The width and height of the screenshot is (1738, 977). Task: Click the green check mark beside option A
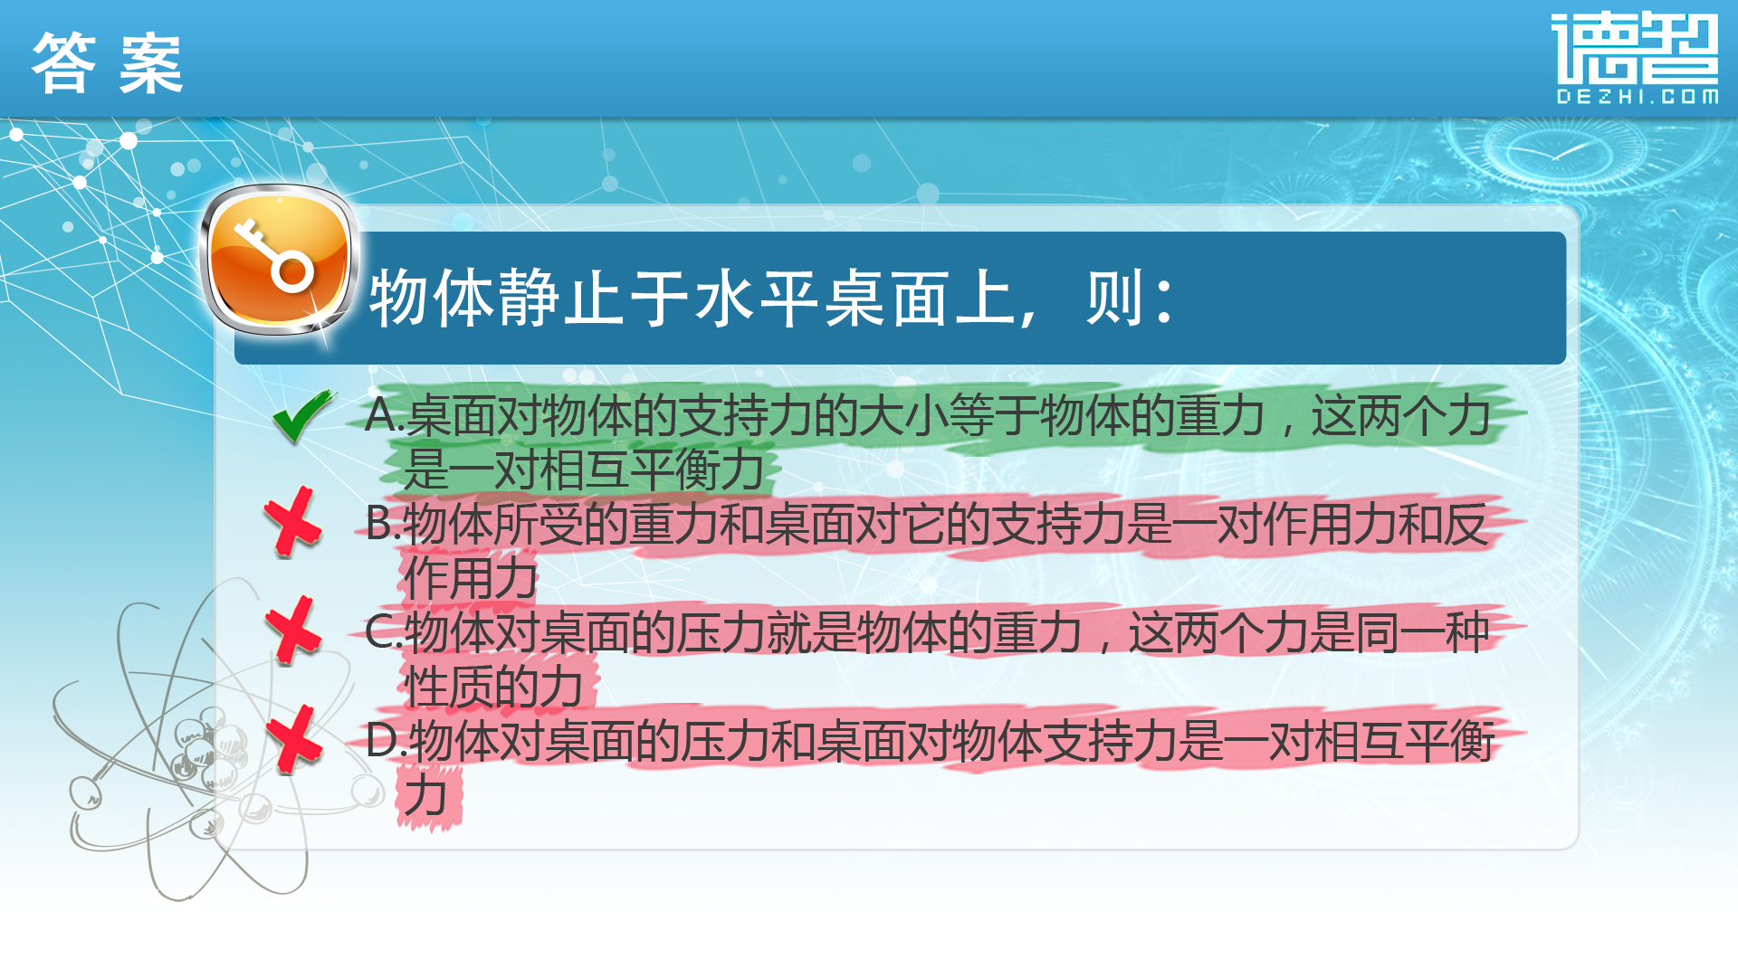pyautogui.click(x=302, y=416)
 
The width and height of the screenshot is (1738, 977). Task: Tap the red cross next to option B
pyautogui.click(x=292, y=522)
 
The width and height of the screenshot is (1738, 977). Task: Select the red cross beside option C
pyautogui.click(x=293, y=631)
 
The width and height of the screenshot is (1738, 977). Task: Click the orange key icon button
pyautogui.click(x=278, y=261)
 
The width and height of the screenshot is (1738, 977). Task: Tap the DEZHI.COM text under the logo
pyautogui.click(x=1637, y=97)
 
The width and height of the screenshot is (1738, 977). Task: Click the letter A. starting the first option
pyautogui.click(x=384, y=415)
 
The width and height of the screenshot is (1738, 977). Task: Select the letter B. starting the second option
pyautogui.click(x=383, y=523)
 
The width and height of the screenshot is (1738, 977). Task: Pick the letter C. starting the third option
pyautogui.click(x=384, y=631)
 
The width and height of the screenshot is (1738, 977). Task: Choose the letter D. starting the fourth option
pyautogui.click(x=386, y=741)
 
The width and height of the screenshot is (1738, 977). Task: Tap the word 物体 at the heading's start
pyautogui.click(x=431, y=298)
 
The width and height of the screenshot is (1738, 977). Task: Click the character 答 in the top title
pyautogui.click(x=63, y=63)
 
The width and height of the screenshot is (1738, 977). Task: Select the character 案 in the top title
pyautogui.click(x=151, y=63)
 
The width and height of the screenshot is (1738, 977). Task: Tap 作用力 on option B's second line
pyautogui.click(x=471, y=578)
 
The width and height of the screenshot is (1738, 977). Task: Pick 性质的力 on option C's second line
pyautogui.click(x=493, y=687)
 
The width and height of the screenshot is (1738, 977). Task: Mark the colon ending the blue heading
pyautogui.click(x=1164, y=299)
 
